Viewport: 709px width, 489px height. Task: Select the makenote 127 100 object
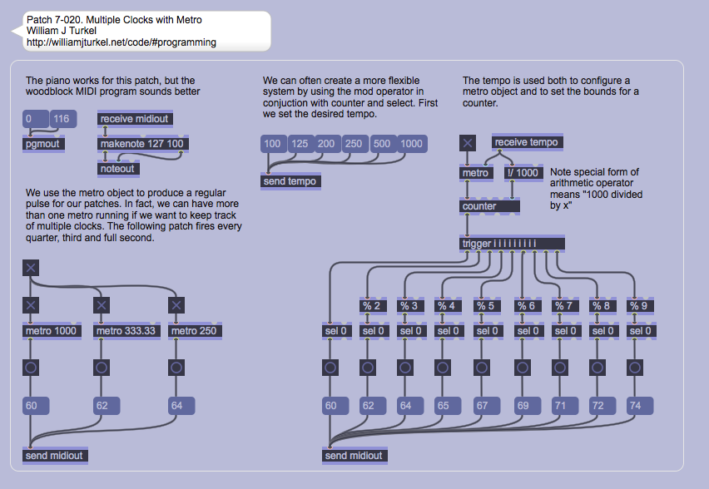tap(143, 144)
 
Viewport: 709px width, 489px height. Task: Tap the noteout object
tap(117, 168)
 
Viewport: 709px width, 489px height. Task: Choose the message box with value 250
tap(354, 144)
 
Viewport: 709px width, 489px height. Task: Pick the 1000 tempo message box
tap(411, 144)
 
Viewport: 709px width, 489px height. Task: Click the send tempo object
tap(290, 181)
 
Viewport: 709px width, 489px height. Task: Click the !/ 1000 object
tap(523, 173)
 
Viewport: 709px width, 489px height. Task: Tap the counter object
tap(490, 205)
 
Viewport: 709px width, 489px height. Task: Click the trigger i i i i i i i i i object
tap(512, 244)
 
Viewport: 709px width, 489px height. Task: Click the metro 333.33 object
tap(126, 331)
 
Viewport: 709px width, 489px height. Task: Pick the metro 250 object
tap(195, 331)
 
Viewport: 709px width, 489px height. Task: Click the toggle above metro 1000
tap(31, 305)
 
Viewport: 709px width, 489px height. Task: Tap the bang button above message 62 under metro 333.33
tap(102, 368)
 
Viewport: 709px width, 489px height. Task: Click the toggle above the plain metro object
tap(468, 143)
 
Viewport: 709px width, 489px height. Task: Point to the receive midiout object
tap(135, 119)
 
